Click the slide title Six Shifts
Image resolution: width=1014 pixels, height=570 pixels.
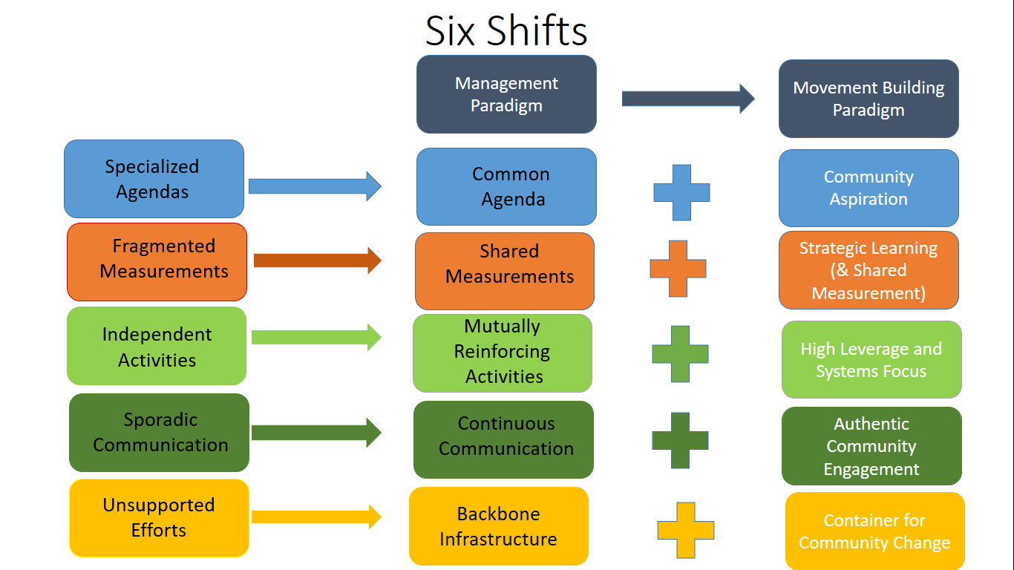506,31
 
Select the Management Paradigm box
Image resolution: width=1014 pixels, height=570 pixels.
506,94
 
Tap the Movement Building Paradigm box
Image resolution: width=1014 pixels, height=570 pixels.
869,99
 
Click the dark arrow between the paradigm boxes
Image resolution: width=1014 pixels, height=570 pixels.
687,99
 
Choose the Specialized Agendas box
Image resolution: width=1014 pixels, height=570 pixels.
154,179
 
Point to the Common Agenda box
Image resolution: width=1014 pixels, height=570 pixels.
506,186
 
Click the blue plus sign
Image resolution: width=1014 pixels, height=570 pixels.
681,192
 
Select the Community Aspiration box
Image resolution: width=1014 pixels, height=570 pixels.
869,188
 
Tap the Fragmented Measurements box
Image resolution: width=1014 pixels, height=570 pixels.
157,261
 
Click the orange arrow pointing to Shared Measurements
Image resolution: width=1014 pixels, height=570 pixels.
317,260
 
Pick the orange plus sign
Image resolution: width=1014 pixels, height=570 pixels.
678,269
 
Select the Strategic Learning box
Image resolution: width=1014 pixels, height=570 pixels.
869,270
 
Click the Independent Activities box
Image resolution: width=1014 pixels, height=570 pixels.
157,346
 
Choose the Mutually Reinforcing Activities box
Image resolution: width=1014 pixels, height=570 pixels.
503,353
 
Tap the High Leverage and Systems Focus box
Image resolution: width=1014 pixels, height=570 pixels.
871,359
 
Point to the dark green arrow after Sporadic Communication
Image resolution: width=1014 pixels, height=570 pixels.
316,433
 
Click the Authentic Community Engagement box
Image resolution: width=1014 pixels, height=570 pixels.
871,446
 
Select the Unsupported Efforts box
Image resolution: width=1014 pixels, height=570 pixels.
159,517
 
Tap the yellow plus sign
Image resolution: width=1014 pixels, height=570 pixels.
685,530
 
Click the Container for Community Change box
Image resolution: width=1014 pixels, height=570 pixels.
874,531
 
